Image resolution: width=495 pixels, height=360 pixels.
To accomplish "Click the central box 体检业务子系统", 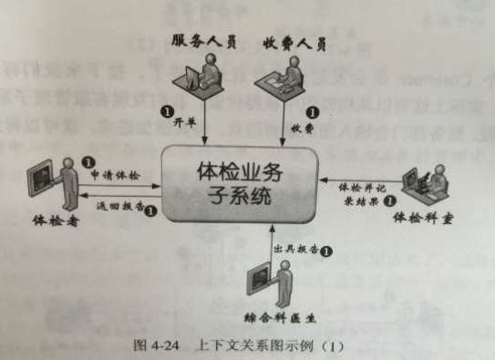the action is [x=239, y=182].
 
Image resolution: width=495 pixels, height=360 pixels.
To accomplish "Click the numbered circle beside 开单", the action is [x=167, y=111].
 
